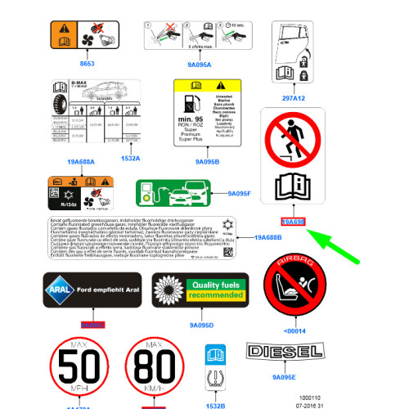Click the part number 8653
87,63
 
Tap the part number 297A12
294,97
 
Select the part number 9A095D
201,326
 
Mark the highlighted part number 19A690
293,221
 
